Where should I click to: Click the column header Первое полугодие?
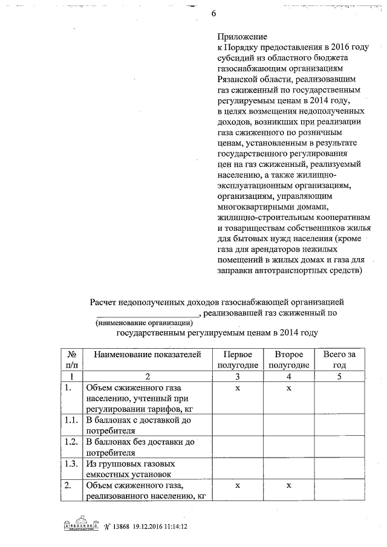click(238, 359)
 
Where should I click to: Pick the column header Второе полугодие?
click(288, 359)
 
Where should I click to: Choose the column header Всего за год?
click(339, 359)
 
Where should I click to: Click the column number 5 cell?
click(339, 376)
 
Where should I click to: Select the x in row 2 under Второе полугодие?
click(288, 485)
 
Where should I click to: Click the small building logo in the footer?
click(81, 526)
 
